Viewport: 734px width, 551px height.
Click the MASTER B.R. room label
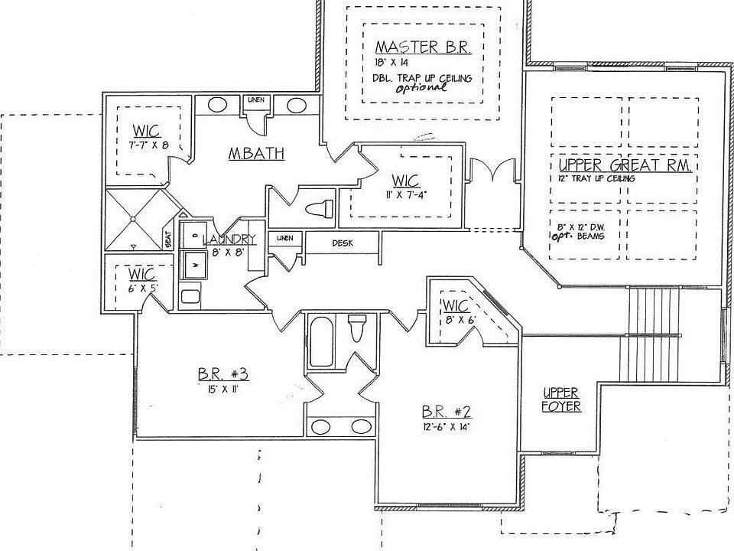pos(418,47)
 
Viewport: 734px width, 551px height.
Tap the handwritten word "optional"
pos(421,88)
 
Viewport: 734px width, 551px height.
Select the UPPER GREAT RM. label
pos(625,166)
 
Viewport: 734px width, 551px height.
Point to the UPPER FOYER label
pos(561,399)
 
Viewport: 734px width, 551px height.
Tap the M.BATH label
pos(256,154)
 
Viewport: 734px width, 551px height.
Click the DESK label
pos(342,243)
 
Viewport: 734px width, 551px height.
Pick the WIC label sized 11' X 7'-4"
pos(405,181)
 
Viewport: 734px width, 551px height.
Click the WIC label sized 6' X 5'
pos(142,274)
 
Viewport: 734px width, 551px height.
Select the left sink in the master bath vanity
pos(217,106)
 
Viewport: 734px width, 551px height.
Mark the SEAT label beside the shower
pos(167,240)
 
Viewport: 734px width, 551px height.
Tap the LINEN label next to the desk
pos(284,238)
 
